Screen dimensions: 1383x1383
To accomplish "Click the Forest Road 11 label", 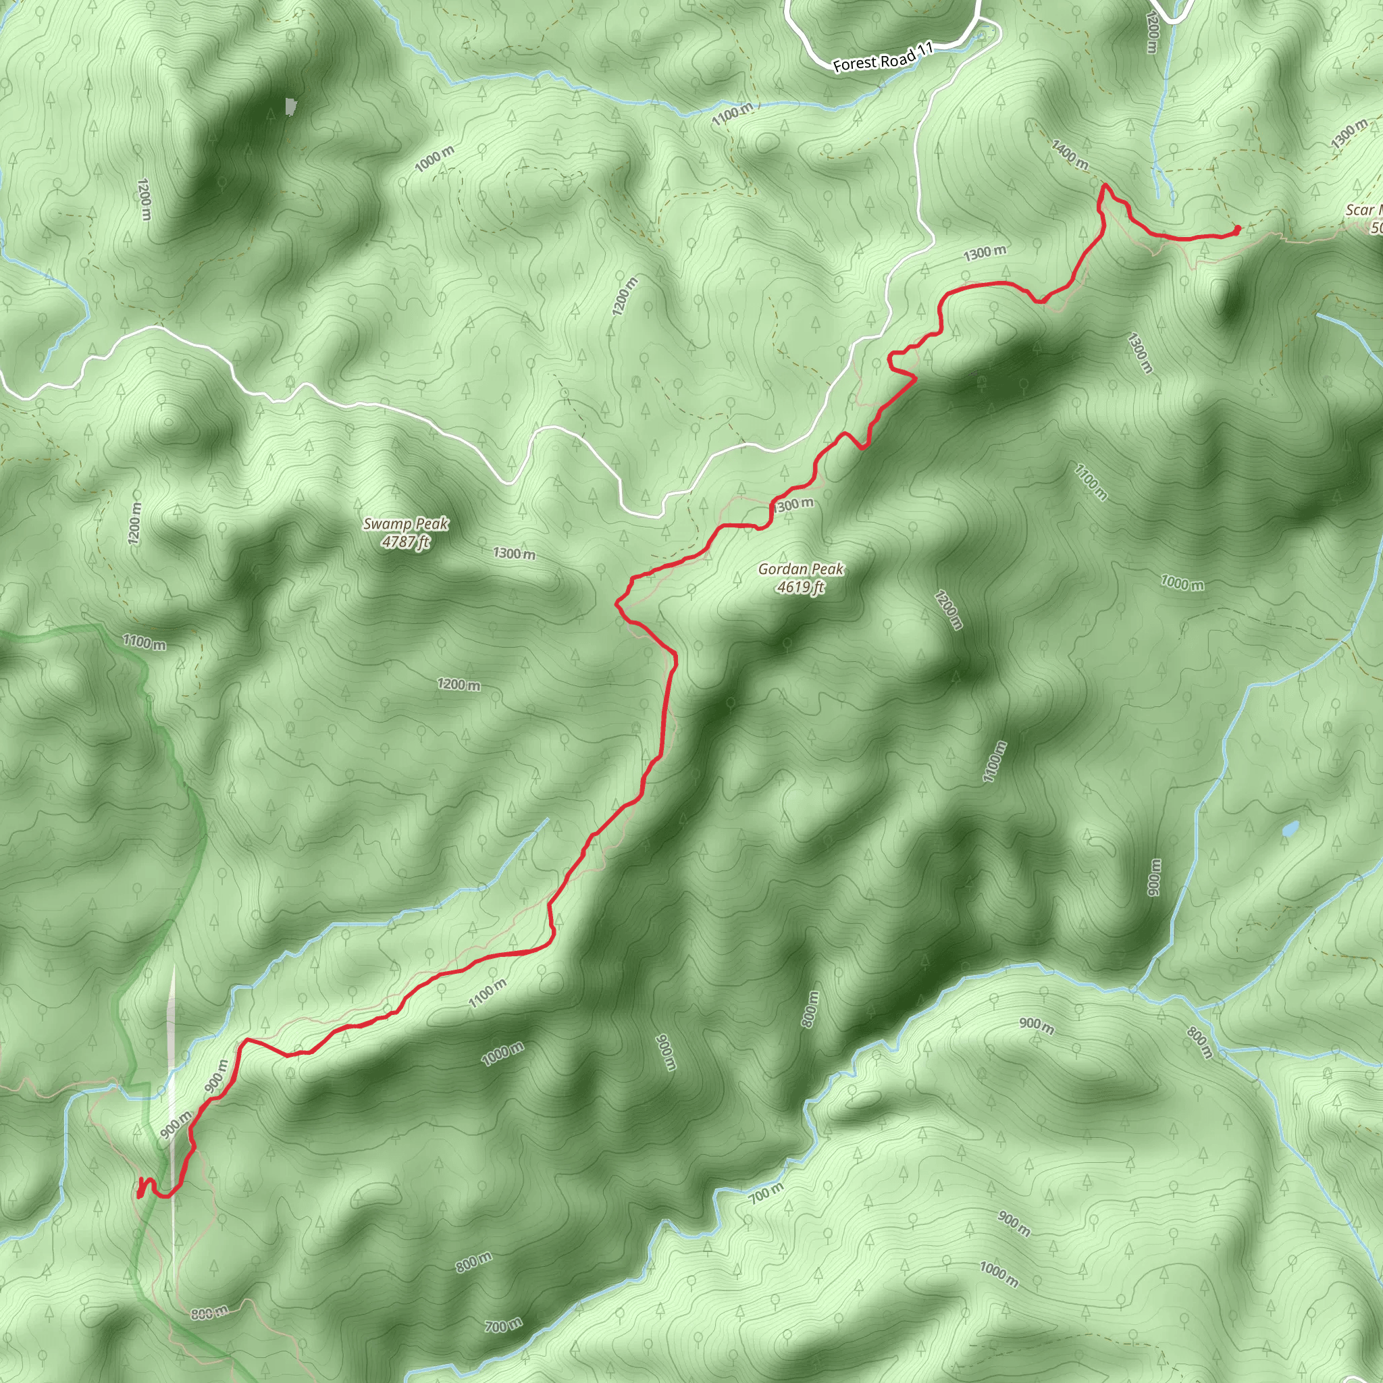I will coord(883,57).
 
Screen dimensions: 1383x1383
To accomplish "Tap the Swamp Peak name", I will coord(405,523).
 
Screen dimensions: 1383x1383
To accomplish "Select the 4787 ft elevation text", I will coord(405,542).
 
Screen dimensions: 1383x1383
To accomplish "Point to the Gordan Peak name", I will coord(800,569).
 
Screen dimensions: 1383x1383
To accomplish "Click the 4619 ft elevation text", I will coord(800,587).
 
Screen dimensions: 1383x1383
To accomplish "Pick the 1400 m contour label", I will coord(1070,155).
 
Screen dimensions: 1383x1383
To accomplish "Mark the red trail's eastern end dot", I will coord(1238,229).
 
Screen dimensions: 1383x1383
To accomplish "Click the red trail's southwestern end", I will coord(140,1194).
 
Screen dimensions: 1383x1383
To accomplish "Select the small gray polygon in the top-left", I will coord(290,107).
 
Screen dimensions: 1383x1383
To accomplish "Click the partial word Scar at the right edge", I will coord(1361,210).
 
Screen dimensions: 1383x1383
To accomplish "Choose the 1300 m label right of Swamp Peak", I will coord(513,553).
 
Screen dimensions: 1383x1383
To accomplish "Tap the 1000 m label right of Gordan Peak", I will coord(1182,583).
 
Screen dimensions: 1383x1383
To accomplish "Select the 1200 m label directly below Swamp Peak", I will coord(458,684).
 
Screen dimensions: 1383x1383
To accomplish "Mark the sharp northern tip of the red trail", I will coord(1105,186).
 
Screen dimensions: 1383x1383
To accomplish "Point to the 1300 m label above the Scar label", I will coord(1348,134).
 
